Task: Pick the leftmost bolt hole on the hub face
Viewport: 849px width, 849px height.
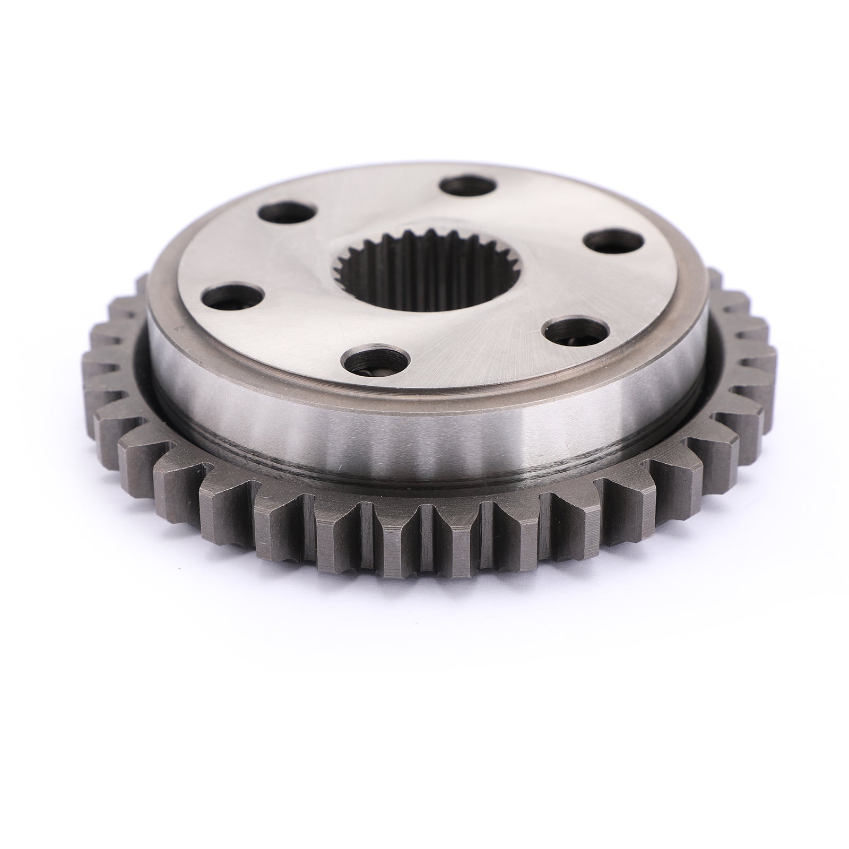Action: point(231,296)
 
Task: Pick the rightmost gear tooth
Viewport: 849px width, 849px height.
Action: point(764,345)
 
